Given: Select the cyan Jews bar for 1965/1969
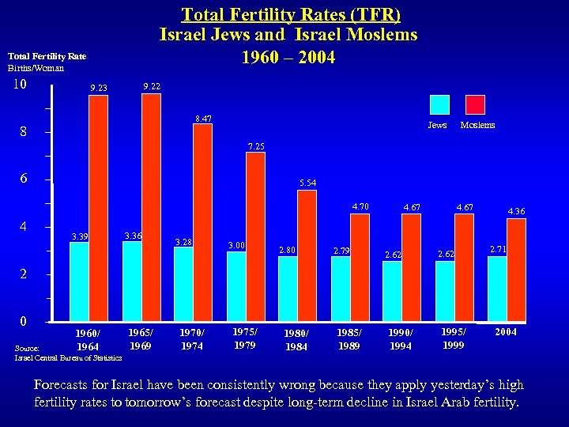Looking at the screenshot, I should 132,282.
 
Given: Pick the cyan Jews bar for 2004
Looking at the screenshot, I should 497,289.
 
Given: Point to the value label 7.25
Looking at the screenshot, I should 256,146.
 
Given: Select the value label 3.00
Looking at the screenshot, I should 236,246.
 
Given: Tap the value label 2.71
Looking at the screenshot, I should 498,249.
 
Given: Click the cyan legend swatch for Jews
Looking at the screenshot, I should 439,105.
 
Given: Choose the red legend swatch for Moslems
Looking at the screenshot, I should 475,105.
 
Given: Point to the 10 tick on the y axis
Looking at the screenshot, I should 21,85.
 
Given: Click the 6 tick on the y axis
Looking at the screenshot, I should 24,179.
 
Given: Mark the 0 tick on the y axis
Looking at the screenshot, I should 24,321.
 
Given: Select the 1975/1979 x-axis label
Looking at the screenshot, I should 245,338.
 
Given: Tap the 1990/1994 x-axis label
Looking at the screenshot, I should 401,339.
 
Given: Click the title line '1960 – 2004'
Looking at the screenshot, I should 288,58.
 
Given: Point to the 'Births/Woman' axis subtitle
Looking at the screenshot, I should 36,68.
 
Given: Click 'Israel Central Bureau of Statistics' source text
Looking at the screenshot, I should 69,358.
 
